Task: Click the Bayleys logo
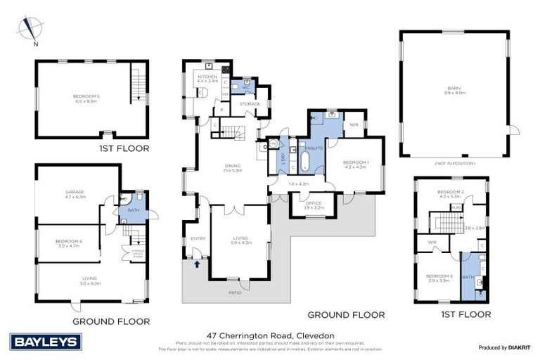47,342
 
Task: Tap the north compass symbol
28,30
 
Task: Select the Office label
314,204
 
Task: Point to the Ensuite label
314,148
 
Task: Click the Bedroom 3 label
440,278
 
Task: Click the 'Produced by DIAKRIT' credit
503,348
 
